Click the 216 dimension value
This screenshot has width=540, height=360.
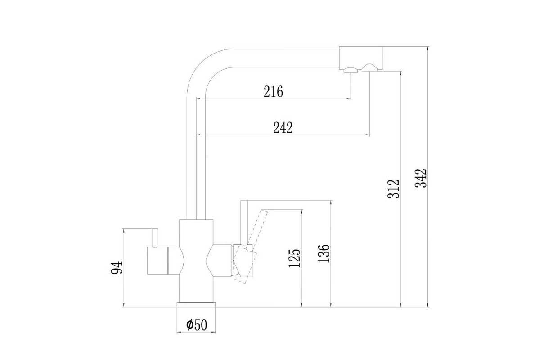click(273, 92)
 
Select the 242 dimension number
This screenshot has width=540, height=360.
click(283, 128)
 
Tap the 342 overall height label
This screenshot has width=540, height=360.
click(421, 178)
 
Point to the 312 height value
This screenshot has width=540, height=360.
click(393, 189)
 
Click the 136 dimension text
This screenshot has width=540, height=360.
click(324, 253)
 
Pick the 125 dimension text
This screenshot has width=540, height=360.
click(295, 258)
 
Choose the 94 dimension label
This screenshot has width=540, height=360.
click(117, 267)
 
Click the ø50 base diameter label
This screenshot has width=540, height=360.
click(197, 325)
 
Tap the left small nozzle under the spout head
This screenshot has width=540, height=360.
click(351, 70)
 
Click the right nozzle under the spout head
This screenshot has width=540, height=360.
click(369, 67)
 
